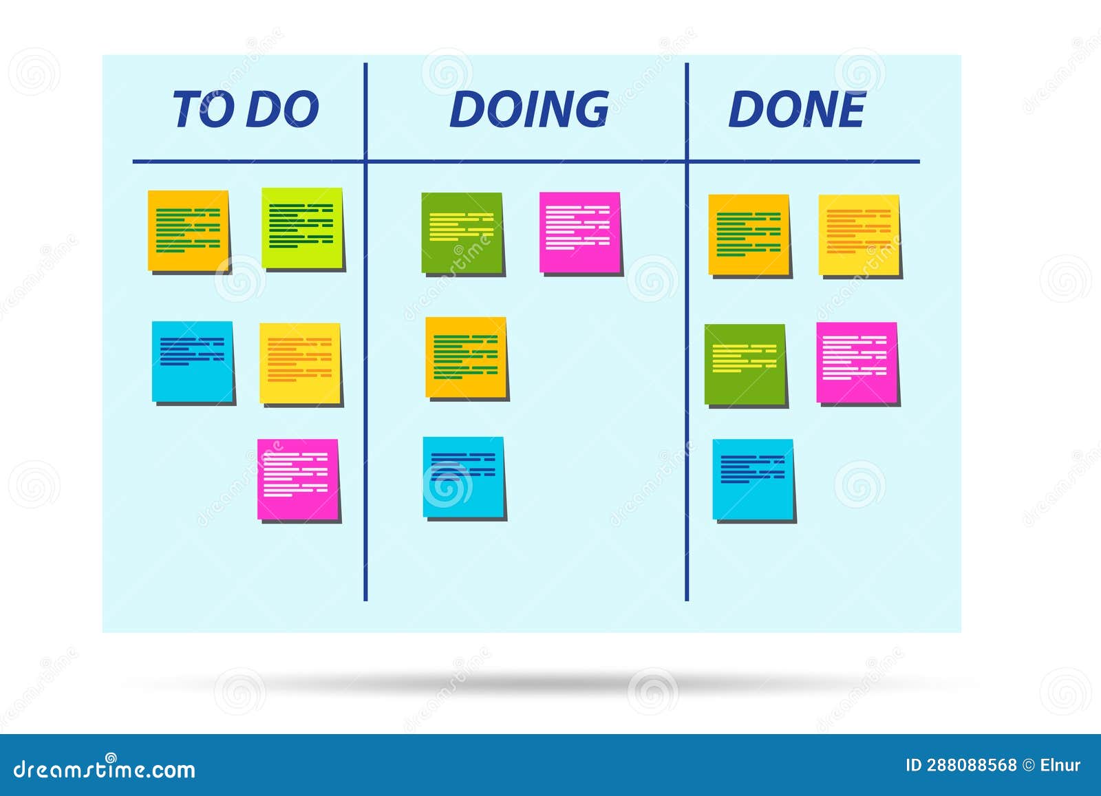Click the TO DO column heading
[246, 109]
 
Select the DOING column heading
[529, 109]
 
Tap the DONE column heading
[797, 109]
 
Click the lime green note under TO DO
[302, 228]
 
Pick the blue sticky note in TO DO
[193, 361]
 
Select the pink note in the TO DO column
[298, 479]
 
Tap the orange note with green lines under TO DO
[189, 230]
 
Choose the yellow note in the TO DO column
[300, 363]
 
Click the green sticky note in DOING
[462, 233]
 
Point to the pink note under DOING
[580, 233]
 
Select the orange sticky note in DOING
[466, 357]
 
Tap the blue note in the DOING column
[463, 477]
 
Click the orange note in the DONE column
[749, 235]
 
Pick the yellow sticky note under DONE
[859, 235]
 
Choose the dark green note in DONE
[745, 364]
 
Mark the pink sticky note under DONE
[857, 363]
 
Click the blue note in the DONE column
[753, 479]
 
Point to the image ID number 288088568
[971, 765]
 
